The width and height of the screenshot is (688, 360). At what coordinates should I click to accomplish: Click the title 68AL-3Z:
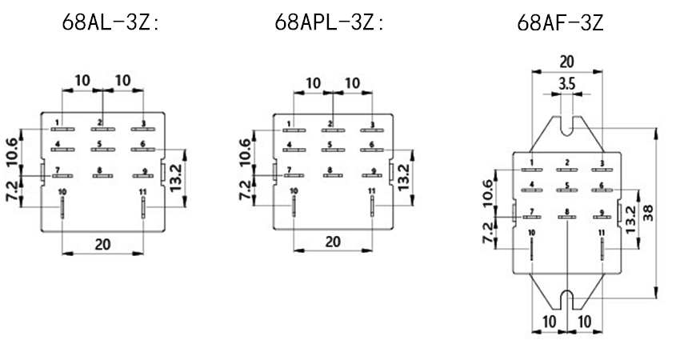tap(111, 22)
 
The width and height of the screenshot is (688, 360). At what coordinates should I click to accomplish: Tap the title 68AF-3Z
tap(560, 22)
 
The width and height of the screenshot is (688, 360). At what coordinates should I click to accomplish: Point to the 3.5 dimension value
tap(566, 83)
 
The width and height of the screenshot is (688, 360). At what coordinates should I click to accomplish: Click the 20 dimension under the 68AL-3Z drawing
tap(102, 244)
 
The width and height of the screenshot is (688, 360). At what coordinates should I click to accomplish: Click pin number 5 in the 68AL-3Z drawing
tap(100, 145)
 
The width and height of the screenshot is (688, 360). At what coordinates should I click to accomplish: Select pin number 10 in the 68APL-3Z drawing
tap(294, 190)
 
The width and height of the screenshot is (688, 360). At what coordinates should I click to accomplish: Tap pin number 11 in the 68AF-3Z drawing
tap(602, 233)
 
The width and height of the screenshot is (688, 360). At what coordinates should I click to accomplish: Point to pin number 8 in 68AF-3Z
tap(566, 212)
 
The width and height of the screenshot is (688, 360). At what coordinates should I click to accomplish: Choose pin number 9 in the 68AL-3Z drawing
tap(144, 170)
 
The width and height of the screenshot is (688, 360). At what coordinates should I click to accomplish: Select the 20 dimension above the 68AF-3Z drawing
tap(566, 62)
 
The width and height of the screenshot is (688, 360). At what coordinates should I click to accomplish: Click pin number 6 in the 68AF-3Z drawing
tap(602, 185)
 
